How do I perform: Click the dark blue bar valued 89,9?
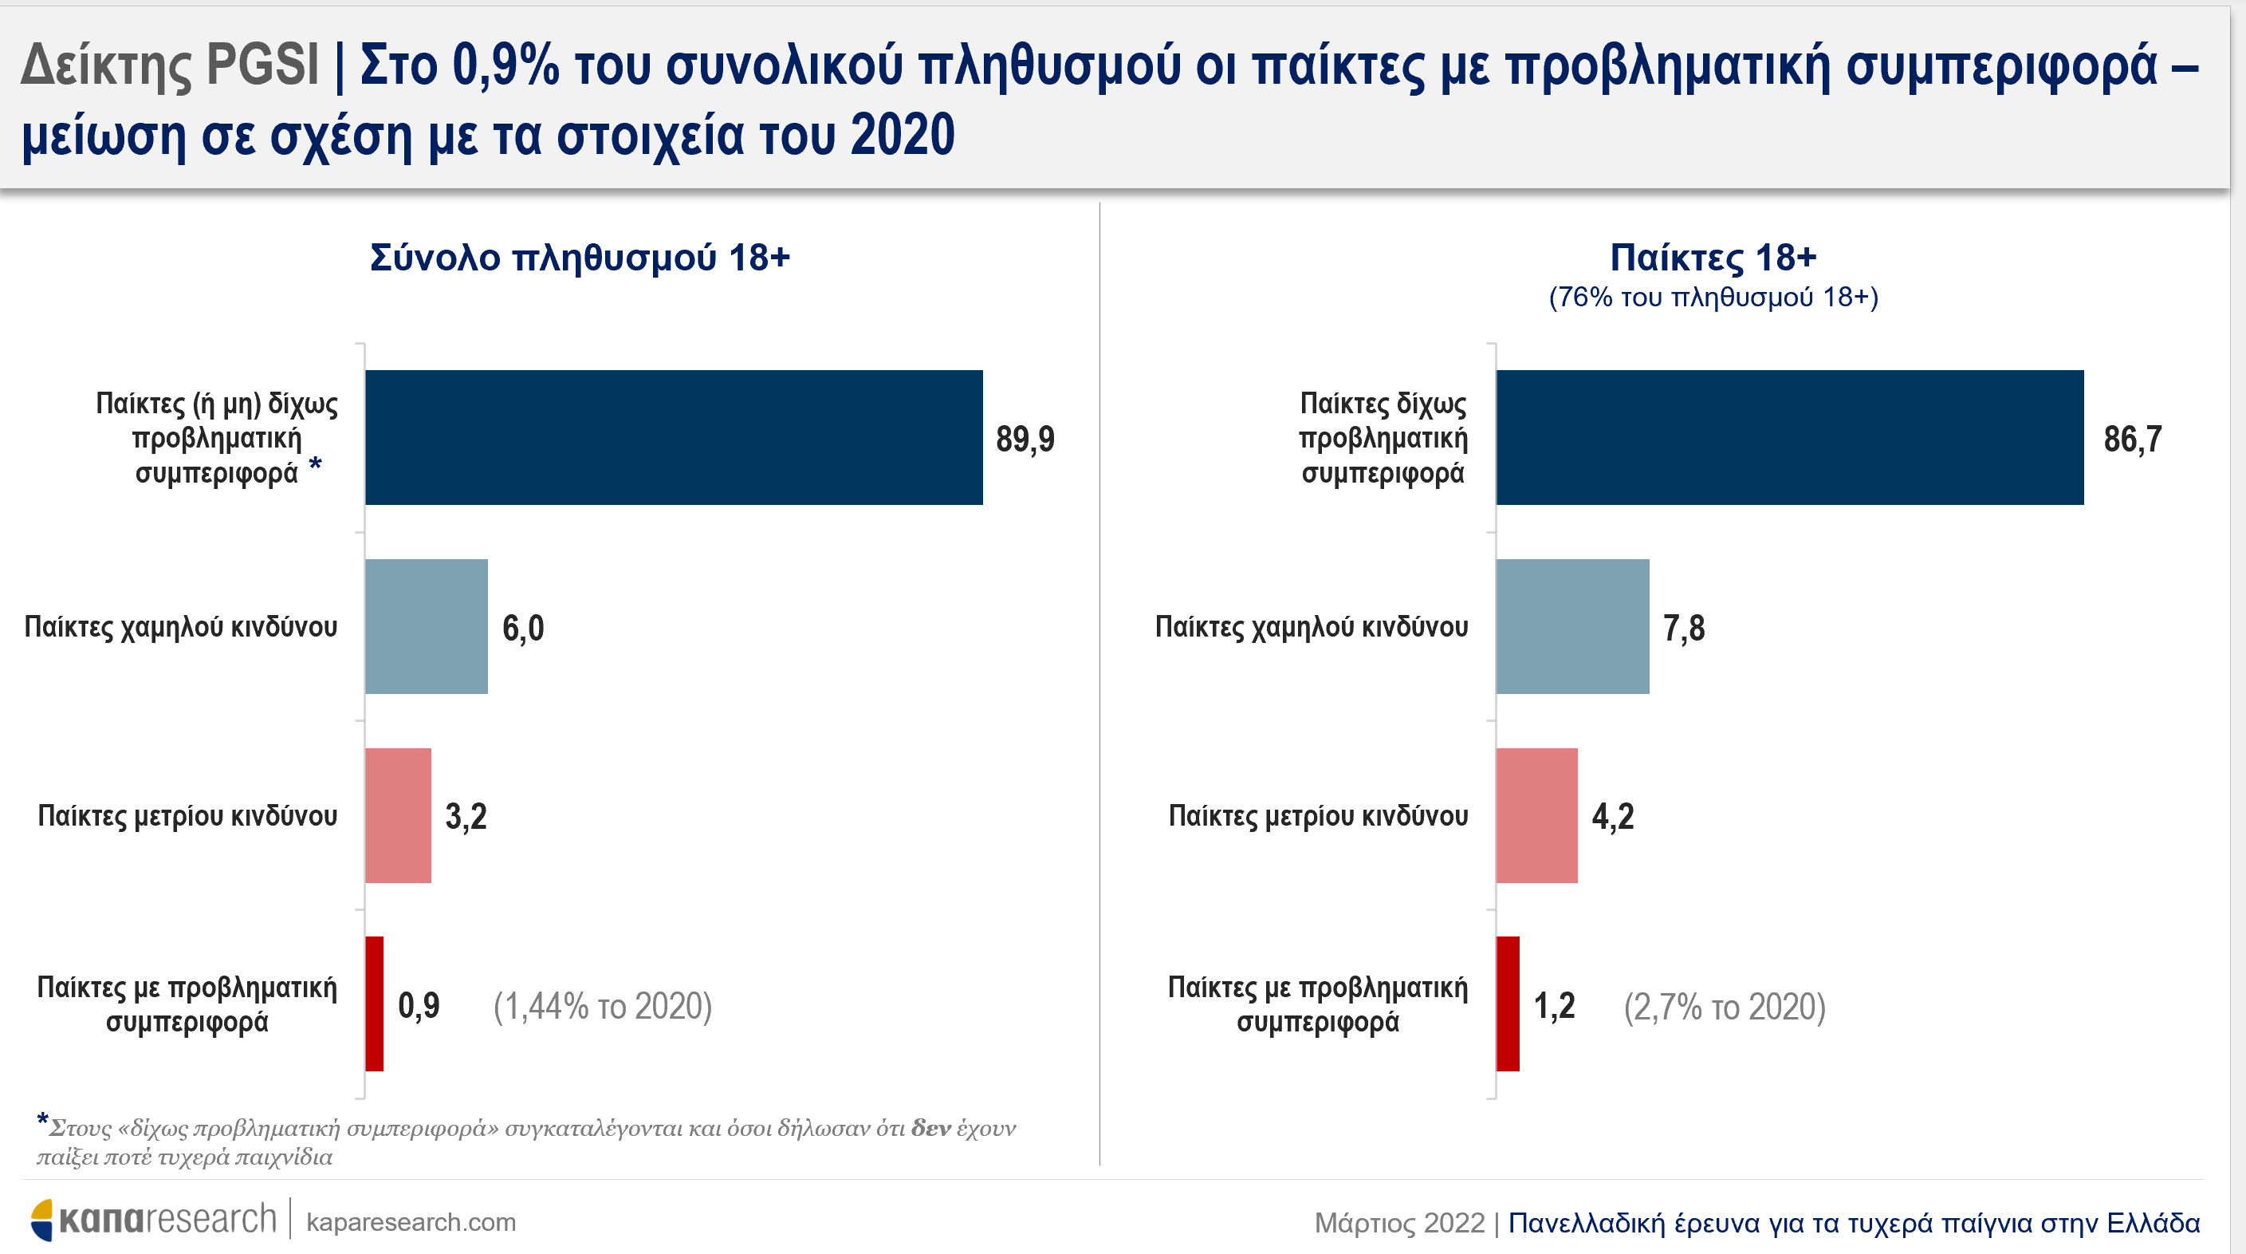674,437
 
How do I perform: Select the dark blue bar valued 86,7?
1790,437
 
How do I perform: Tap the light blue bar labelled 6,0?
427,626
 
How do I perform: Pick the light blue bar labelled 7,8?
1573,626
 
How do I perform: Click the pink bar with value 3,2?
399,815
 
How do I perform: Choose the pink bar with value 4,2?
1537,815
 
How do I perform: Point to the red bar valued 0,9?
374,1004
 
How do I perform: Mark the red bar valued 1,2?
1508,1004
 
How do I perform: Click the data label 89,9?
1025,439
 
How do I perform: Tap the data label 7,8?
1684,628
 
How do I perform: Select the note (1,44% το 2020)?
603,1007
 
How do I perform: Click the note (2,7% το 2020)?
1725,1007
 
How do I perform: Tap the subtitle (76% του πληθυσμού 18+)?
1713,298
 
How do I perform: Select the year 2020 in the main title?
903,135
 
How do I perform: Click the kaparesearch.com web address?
411,1223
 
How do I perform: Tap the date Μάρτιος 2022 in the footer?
1399,1223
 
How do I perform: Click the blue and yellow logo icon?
41,1219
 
